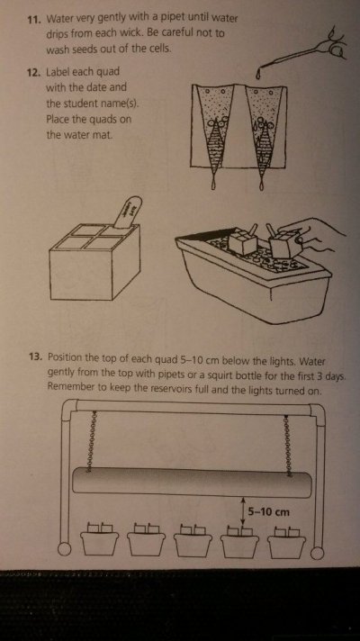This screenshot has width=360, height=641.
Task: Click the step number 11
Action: tap(33, 20)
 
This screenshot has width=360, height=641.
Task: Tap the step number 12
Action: tap(33, 73)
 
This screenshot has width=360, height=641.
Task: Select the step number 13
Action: tap(36, 357)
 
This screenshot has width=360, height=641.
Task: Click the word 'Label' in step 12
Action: tap(58, 72)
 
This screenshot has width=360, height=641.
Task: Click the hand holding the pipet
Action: tap(333, 44)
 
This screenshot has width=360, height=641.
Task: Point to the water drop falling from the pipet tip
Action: tap(259, 75)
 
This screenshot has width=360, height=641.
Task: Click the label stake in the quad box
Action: tap(127, 212)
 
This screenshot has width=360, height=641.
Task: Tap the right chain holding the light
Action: tap(289, 444)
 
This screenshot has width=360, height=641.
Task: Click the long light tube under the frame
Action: tap(192, 483)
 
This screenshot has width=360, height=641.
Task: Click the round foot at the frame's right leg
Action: tap(317, 552)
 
